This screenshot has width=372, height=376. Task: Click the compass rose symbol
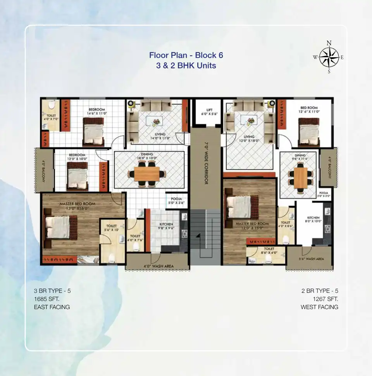(329, 58)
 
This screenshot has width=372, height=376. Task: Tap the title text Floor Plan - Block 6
(186, 55)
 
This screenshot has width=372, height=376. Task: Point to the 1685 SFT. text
(46, 299)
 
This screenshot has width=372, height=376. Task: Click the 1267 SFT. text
(325, 299)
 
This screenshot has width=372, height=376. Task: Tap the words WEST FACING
(319, 307)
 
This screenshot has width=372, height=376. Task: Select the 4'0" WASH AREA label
(158, 266)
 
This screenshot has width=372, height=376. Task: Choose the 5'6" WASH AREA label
(311, 259)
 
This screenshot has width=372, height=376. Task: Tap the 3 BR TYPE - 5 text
(52, 291)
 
